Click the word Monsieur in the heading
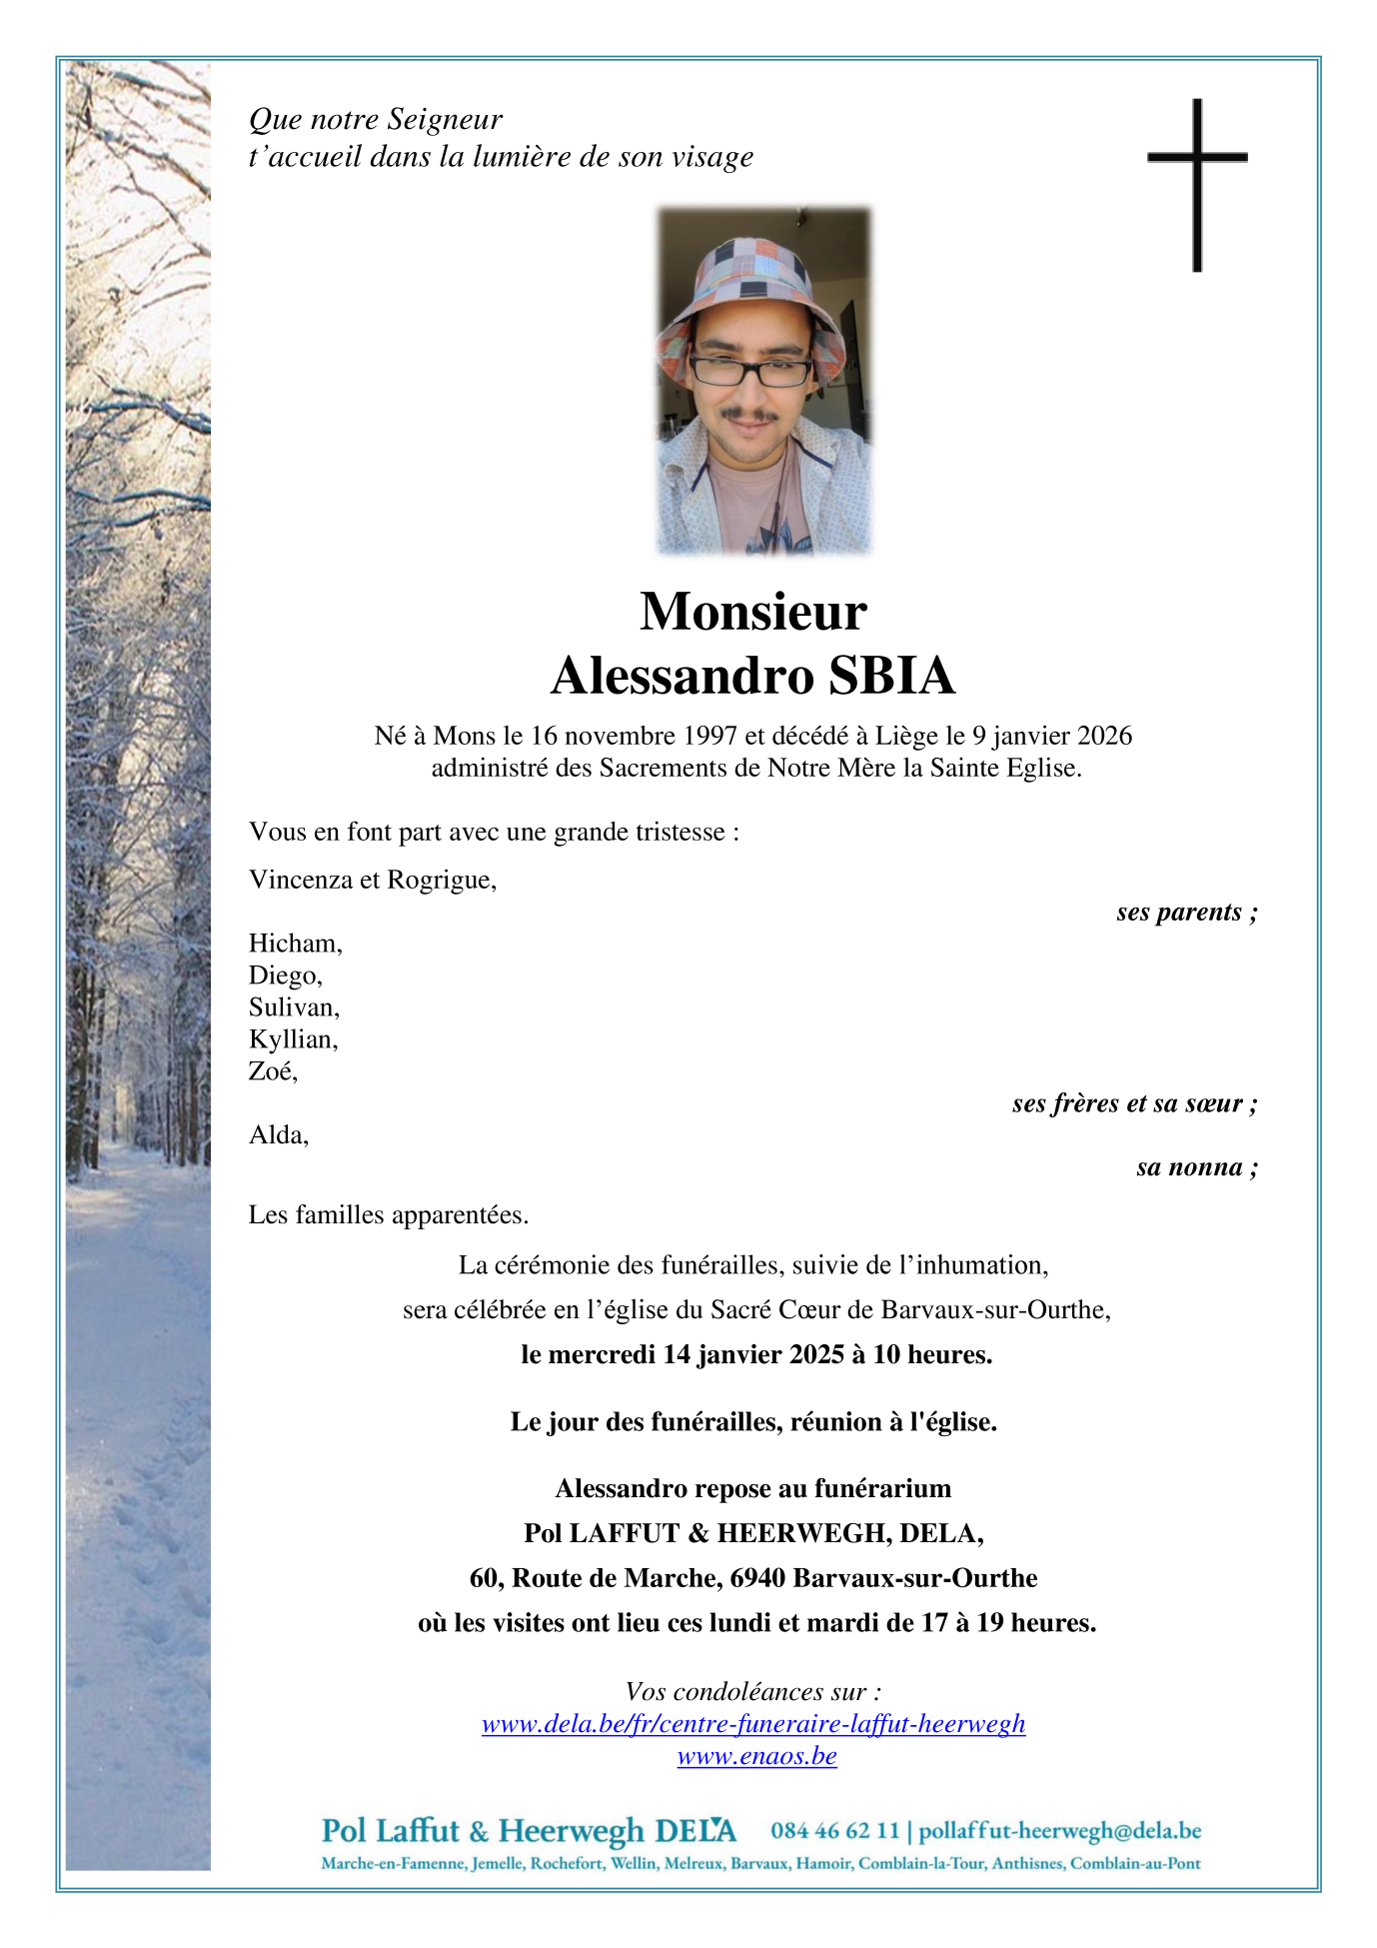point(752,612)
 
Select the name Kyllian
point(293,1040)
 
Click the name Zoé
point(273,1072)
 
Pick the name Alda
point(278,1135)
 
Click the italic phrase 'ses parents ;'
point(1186,913)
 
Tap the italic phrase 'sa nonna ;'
point(1196,1168)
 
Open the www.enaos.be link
point(756,1756)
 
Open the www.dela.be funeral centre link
point(753,1724)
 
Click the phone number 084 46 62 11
point(834,1831)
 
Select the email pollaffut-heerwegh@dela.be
point(1059,1831)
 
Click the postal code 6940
point(757,1578)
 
